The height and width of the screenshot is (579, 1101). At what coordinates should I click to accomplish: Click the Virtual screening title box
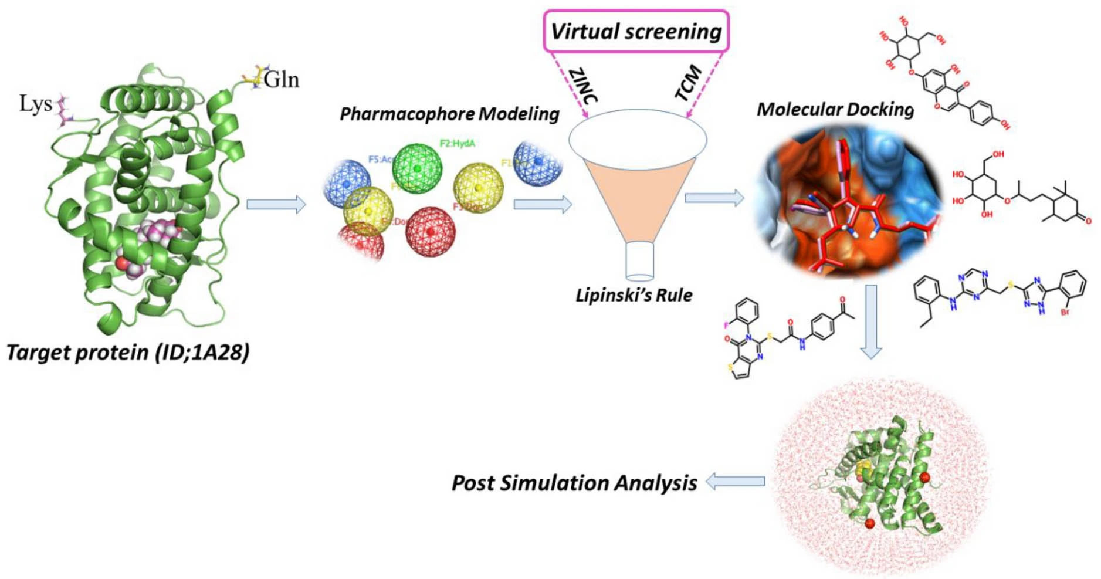tap(636, 31)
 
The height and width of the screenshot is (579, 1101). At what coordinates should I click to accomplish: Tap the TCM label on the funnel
tap(689, 83)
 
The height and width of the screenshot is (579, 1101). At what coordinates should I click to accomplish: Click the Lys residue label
tap(35, 104)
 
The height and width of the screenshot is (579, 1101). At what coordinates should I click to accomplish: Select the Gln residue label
tap(282, 79)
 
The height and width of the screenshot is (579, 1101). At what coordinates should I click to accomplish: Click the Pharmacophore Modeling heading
tap(449, 114)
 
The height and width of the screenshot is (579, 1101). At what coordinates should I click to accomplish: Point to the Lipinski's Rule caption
tap(634, 295)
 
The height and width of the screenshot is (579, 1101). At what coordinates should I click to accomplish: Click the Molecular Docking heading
tap(835, 110)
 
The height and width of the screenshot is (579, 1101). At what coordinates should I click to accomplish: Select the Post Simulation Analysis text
tap(574, 483)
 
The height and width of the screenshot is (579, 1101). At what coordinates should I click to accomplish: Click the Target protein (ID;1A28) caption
tap(128, 353)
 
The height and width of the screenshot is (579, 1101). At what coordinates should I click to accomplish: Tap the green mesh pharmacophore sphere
tap(417, 168)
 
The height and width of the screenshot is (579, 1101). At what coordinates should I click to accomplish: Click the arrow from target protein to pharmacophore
tap(276, 204)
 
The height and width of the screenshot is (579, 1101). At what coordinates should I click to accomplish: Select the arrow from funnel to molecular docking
tap(714, 198)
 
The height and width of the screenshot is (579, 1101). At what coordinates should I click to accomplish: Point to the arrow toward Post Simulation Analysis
tap(736, 482)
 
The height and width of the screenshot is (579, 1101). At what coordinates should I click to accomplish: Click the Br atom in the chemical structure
tap(1065, 313)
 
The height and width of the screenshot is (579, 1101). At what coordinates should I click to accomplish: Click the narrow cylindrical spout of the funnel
tap(639, 261)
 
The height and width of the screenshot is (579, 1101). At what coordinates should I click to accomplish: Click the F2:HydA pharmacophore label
tap(457, 144)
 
